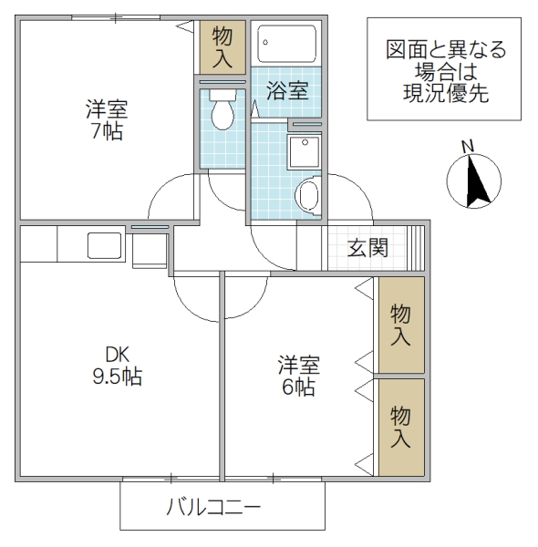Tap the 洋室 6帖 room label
coord(298,376)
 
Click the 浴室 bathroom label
coord(286,91)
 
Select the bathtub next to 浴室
coord(286,44)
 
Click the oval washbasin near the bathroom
coord(308,195)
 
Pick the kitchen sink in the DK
coord(104,245)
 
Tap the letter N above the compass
coord(468,147)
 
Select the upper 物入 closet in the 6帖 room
coord(401,325)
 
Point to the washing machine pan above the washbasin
coord(304,151)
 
